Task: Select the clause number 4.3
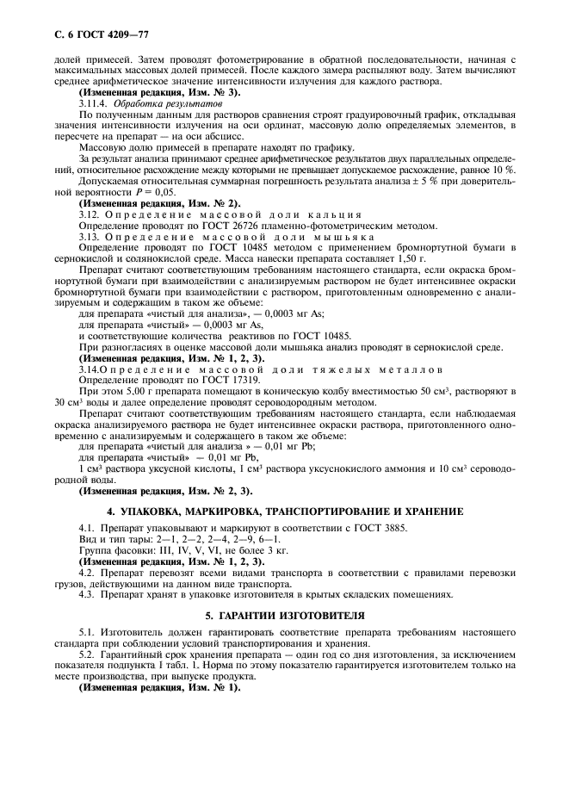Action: (x=87, y=593)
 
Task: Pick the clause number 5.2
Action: (x=87, y=654)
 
